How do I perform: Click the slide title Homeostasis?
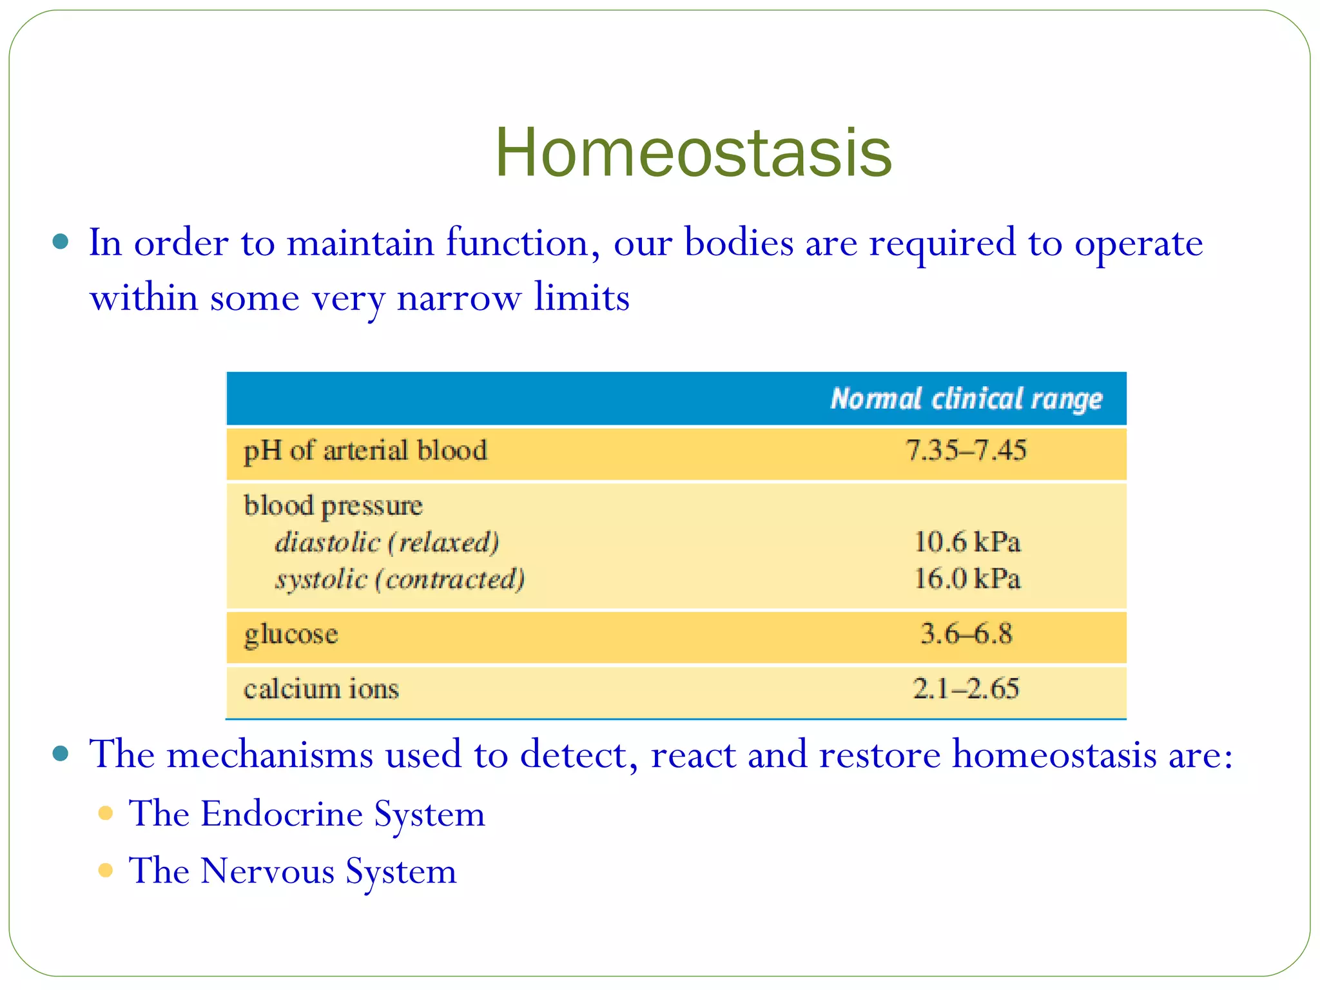(x=693, y=153)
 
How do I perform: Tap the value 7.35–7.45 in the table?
(x=966, y=450)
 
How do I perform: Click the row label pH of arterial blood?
(x=365, y=451)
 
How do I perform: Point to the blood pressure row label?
(x=333, y=506)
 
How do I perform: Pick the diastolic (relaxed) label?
(x=387, y=542)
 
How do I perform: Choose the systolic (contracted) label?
(x=400, y=579)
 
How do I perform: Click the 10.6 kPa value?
(x=967, y=541)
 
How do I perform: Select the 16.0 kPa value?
(x=967, y=578)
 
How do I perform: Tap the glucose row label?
(x=291, y=635)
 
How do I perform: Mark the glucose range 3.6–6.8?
(x=966, y=634)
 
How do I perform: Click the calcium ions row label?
(x=321, y=689)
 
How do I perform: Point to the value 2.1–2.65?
(x=966, y=688)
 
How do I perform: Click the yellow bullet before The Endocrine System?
(x=106, y=813)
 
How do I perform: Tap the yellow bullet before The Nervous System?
(x=106, y=871)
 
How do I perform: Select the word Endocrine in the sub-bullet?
(x=282, y=813)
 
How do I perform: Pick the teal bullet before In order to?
(x=61, y=242)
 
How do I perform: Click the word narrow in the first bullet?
(x=458, y=298)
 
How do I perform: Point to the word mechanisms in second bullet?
(x=269, y=754)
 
